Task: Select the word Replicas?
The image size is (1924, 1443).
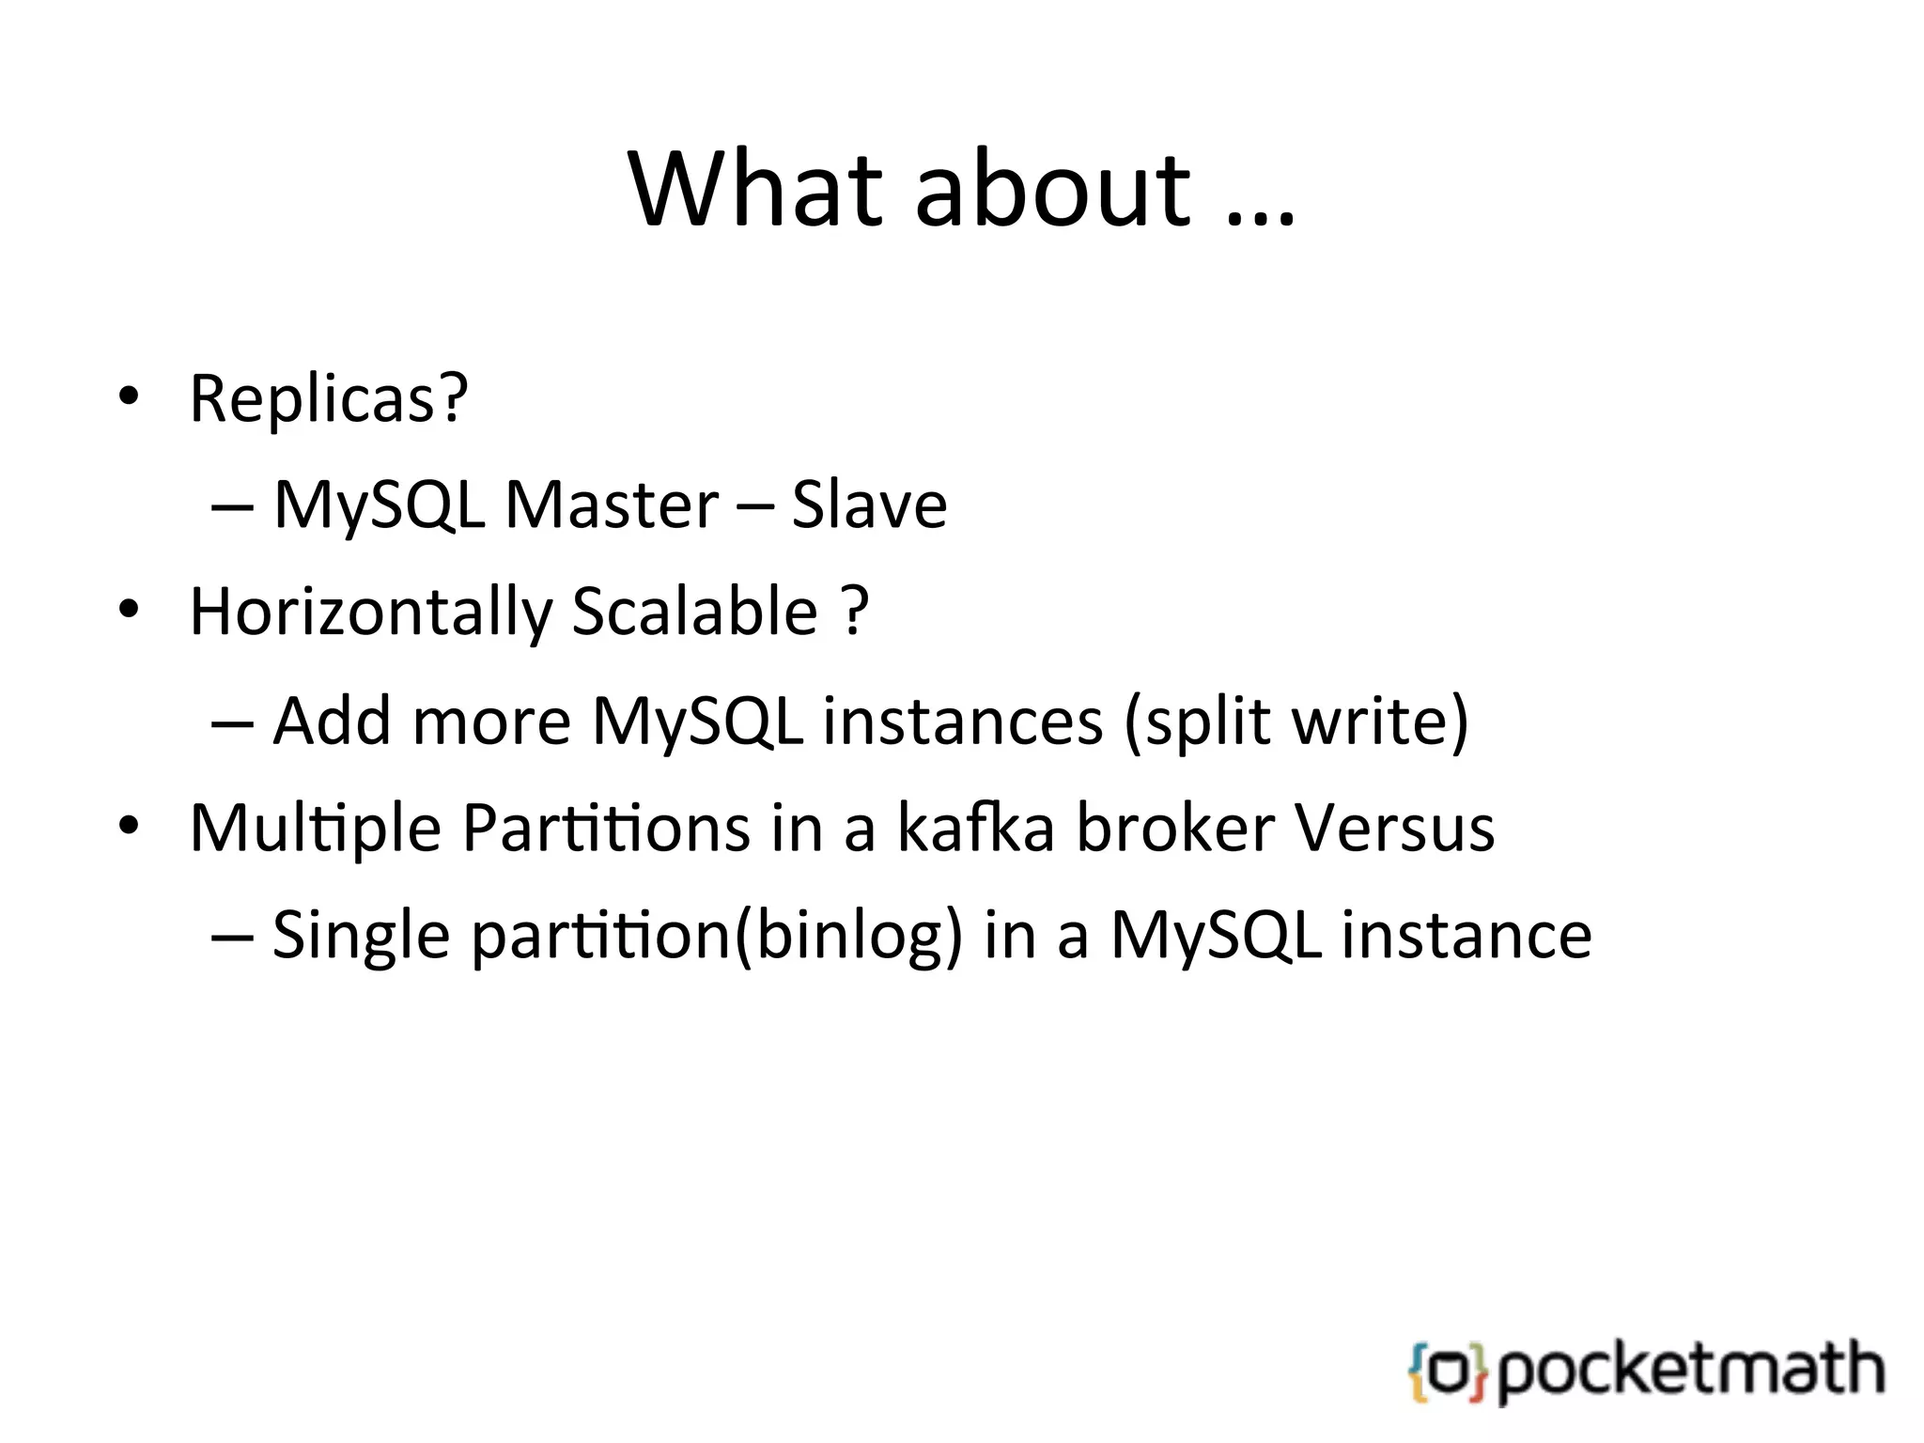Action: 329,399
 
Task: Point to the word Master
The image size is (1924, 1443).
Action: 612,505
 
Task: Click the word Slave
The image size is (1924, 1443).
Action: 869,505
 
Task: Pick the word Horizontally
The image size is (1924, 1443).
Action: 371,613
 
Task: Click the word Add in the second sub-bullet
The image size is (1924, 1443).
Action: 332,721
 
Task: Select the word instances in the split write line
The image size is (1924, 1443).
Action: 963,721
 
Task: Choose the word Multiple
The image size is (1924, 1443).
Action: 316,830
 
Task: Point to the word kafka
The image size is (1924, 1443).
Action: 976,829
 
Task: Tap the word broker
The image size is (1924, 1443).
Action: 1175,829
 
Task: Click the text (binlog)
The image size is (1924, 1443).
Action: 848,937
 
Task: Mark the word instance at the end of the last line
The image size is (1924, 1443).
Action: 1466,937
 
